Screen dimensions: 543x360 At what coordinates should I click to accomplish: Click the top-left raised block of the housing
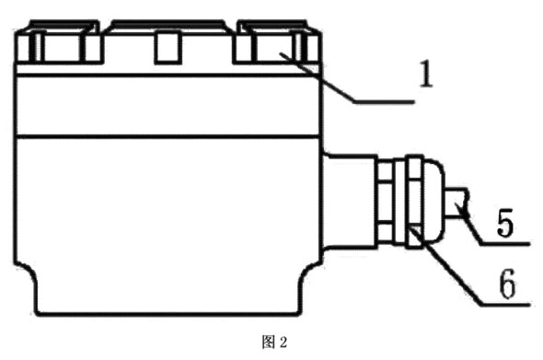[x=58, y=45]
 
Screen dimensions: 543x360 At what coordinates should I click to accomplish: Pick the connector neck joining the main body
[x=347, y=198]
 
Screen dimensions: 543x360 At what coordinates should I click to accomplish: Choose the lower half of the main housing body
[x=166, y=221]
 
